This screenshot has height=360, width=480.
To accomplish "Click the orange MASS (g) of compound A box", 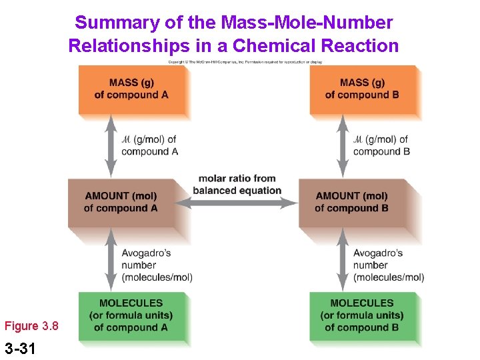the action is (131, 89).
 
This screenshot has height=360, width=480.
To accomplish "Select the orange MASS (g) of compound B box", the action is (363, 89).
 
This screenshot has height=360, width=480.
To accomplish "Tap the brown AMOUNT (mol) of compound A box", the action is (121, 202).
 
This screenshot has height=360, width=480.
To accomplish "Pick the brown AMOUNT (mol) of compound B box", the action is (352, 202).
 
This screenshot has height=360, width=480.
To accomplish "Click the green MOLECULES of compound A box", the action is (131, 315).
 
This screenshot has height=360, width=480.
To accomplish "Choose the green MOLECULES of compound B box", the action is (363, 315).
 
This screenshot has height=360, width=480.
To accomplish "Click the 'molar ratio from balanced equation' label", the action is (237, 185).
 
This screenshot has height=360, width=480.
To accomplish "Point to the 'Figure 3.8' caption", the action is (31, 326).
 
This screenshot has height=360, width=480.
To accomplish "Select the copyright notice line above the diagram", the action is (245, 61).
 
